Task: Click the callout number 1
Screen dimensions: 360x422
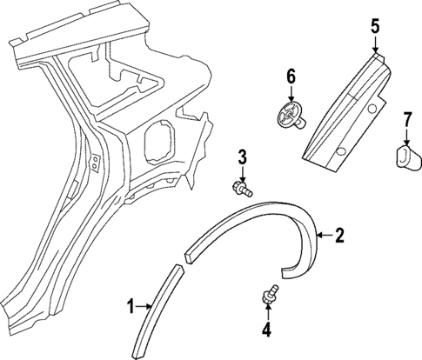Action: [x=131, y=305]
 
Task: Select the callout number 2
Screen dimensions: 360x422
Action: [x=340, y=234]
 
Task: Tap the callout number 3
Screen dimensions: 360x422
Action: [x=244, y=157]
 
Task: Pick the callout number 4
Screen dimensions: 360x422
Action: [x=267, y=329]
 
